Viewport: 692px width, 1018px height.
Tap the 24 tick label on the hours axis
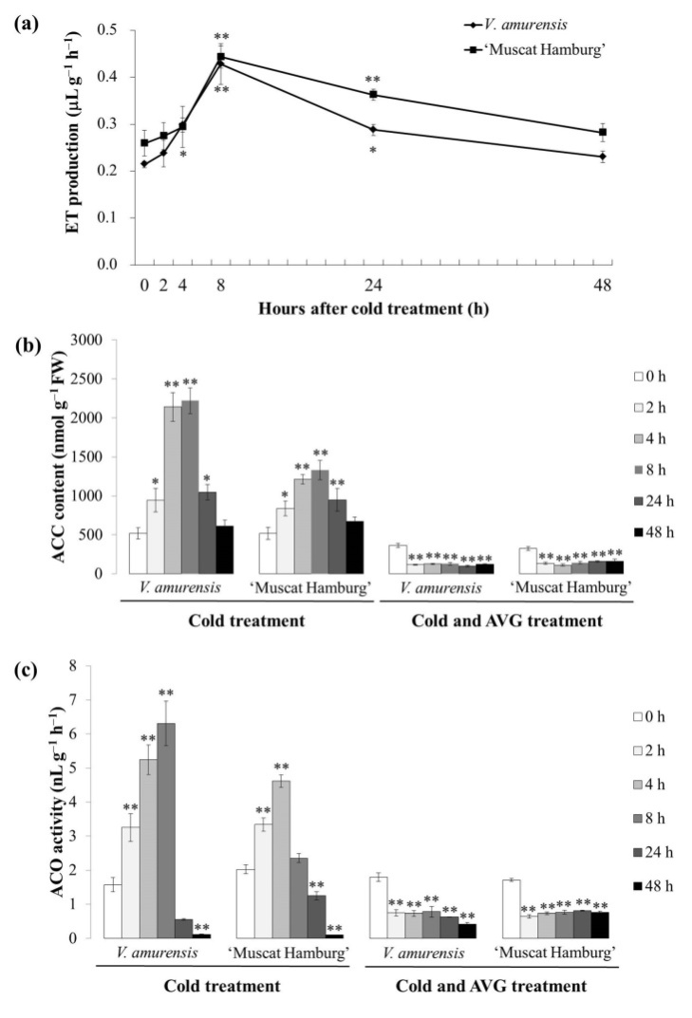373,284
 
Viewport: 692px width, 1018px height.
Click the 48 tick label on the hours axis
601,284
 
